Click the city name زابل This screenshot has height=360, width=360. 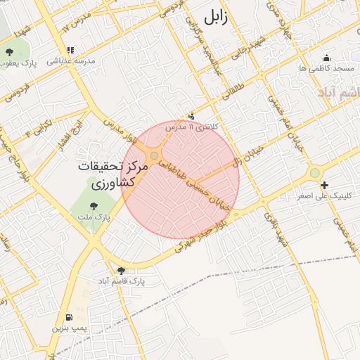pos(215,18)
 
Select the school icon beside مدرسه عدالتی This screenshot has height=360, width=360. pos(70,50)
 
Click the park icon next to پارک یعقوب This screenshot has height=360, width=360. pos(9,52)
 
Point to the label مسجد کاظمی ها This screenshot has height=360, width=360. pos(326,69)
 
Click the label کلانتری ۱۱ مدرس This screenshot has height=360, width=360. pos(191,127)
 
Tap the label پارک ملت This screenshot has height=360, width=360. pos(94,218)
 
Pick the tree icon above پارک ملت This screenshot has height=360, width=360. pos(94,206)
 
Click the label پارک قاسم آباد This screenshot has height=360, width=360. pos(121,281)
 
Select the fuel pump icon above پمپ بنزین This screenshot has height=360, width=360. pos(68,316)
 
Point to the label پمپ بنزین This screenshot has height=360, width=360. pos(69,328)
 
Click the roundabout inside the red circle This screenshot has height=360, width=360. pos(154,155)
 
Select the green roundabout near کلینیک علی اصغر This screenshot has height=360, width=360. pos(314,172)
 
